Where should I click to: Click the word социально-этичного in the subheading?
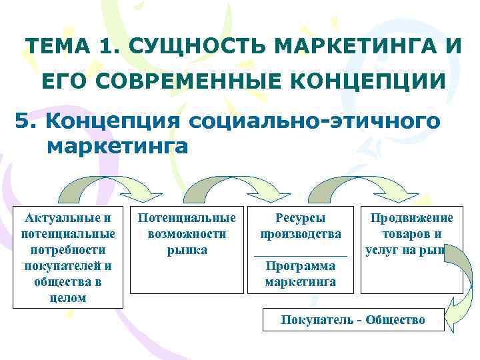315,122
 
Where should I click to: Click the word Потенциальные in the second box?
187,218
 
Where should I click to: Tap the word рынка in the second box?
187,250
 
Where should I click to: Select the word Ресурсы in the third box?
301,218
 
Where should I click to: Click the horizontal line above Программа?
301,255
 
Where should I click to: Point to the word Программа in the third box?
301,266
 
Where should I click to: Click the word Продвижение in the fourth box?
412,218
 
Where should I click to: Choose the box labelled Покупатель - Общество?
353,320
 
